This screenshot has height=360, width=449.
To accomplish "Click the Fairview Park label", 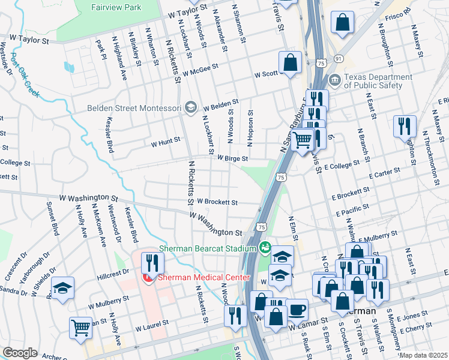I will click(x=116, y=8).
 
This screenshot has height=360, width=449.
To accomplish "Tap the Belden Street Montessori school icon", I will click(x=191, y=107).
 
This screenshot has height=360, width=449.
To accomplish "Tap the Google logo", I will click(x=19, y=353).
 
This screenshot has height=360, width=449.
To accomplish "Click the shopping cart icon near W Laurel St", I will click(x=81, y=327).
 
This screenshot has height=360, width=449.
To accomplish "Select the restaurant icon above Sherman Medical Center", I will click(x=152, y=262).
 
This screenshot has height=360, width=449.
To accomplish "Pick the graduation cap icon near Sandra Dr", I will click(x=63, y=288).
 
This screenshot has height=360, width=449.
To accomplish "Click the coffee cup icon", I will click(x=298, y=310).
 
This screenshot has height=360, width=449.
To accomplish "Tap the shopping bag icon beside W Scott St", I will click(x=290, y=62).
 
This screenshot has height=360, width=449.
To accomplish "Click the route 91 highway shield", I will click(x=339, y=58).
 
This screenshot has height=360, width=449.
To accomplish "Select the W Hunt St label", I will click(x=165, y=142).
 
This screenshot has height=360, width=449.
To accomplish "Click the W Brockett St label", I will click(x=217, y=202).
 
